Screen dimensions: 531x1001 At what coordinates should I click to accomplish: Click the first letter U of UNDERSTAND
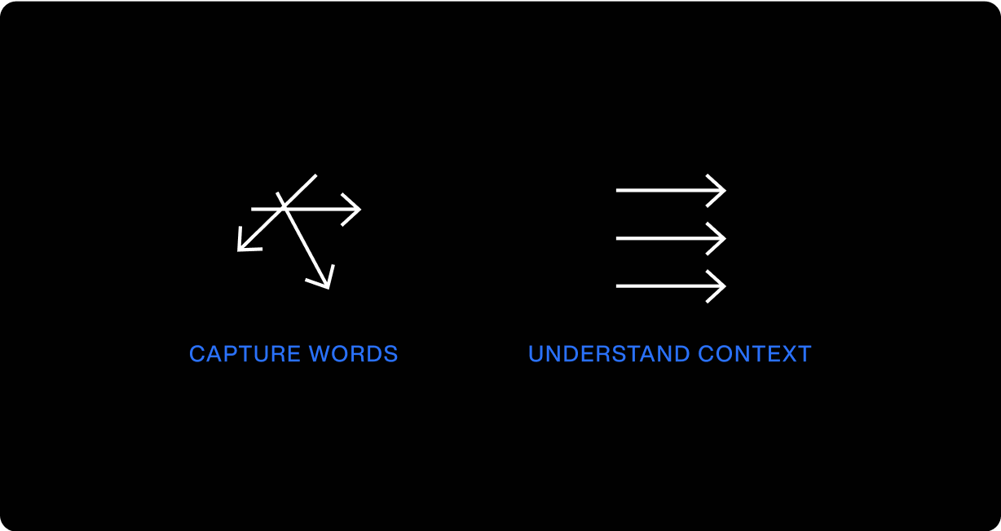pos(536,354)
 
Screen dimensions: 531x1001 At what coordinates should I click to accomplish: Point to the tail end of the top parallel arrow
pos(618,190)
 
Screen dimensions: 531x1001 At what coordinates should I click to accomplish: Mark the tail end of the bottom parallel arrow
pos(618,286)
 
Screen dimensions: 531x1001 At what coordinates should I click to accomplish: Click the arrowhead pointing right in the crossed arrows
pos(357,209)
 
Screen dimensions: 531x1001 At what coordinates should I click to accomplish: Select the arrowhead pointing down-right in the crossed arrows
pos(326,285)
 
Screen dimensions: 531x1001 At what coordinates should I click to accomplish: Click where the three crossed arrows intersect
pos(284,208)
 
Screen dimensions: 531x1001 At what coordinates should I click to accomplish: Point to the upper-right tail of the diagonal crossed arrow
pos(315,176)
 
